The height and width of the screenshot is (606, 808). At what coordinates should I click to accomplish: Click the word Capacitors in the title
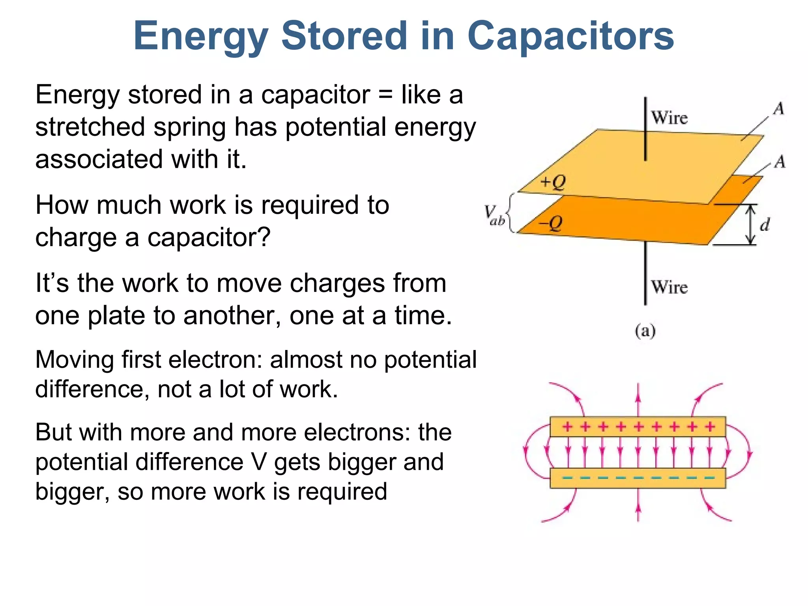click(x=570, y=36)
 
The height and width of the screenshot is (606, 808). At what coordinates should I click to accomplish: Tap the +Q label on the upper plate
click(x=553, y=182)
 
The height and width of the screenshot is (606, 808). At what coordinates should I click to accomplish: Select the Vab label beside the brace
click(x=494, y=215)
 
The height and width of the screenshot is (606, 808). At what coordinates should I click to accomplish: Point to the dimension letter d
click(x=765, y=225)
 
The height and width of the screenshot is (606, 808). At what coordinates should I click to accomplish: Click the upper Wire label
click(x=669, y=118)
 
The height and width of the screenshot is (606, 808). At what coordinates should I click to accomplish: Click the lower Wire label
click(x=669, y=287)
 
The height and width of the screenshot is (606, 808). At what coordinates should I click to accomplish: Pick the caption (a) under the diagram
click(x=645, y=331)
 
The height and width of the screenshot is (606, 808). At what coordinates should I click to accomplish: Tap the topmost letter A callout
click(x=778, y=108)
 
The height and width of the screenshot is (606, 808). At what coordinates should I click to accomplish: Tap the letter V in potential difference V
click(x=259, y=462)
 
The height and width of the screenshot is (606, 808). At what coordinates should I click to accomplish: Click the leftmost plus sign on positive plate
click(x=567, y=426)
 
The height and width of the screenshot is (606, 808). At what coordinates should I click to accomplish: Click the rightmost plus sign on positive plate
click(x=710, y=426)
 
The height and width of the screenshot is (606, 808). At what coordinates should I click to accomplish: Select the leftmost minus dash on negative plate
click(x=567, y=478)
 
